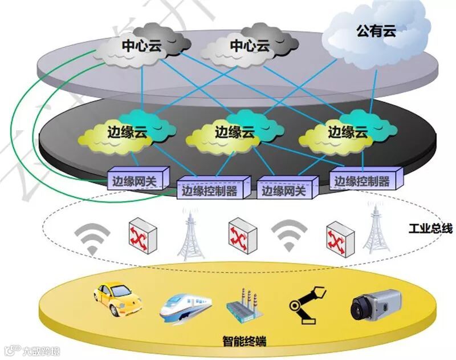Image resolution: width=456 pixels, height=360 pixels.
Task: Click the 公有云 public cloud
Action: [x=376, y=31]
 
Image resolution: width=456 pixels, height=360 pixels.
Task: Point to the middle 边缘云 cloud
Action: [x=234, y=132]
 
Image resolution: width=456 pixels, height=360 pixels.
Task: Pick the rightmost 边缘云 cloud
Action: [x=347, y=132]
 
